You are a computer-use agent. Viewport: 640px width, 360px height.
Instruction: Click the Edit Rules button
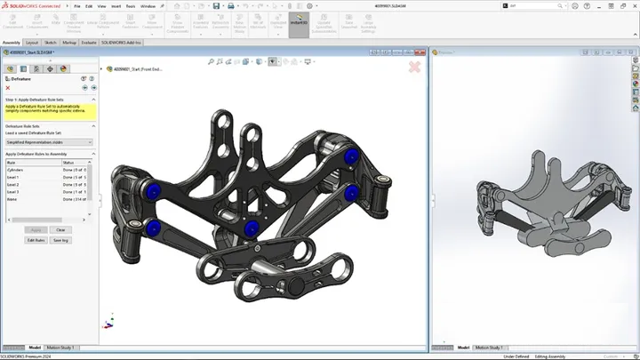click(36, 240)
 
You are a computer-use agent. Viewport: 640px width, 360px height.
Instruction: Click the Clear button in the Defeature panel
click(60, 229)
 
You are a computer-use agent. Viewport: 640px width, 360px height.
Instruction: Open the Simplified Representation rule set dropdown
click(49, 141)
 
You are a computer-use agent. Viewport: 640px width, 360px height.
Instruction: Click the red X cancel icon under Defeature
click(8, 88)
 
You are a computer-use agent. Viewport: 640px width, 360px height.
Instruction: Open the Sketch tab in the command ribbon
click(51, 42)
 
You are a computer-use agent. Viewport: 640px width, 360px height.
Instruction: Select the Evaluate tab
click(89, 42)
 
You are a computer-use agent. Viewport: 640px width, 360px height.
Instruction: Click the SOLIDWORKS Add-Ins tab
click(123, 42)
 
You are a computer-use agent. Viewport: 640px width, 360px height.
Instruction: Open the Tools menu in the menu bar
click(131, 5)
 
